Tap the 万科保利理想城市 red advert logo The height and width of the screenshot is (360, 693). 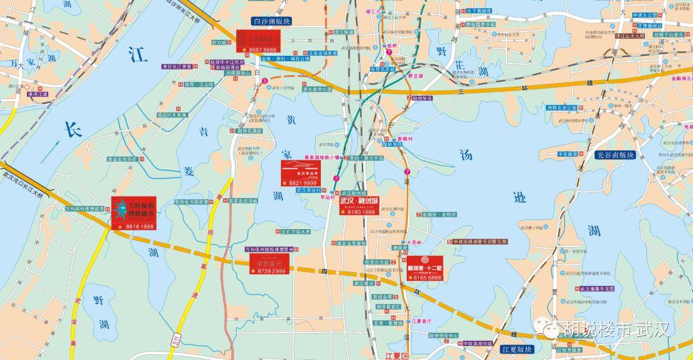point(133,209)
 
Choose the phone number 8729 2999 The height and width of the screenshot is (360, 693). point(270,272)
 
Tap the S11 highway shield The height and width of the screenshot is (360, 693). point(174,347)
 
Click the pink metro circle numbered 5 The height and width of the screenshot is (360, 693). point(264,80)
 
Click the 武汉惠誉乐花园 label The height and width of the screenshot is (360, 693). point(597,289)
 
